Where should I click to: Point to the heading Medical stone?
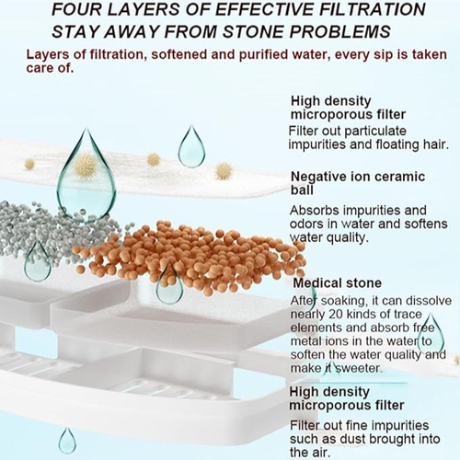click(x=337, y=282)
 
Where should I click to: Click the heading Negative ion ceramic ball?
click(x=358, y=183)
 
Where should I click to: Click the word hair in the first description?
click(x=436, y=144)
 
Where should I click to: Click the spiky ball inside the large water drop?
click(x=86, y=167)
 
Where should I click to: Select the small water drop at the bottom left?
click(x=67, y=441)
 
